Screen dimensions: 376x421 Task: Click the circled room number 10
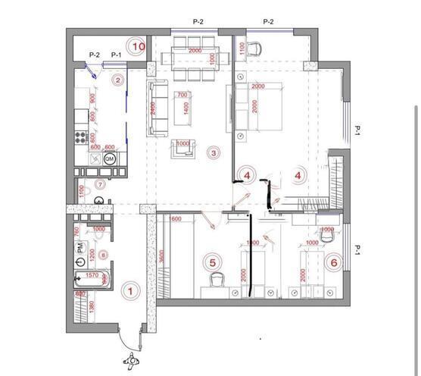(x=137, y=46)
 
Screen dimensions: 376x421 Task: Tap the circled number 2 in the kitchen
(x=118, y=79)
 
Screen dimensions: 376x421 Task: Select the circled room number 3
(x=214, y=152)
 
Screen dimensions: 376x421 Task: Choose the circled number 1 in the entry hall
(x=130, y=290)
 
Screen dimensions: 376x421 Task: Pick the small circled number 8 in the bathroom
(x=104, y=255)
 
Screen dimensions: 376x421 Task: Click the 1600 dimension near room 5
(x=176, y=220)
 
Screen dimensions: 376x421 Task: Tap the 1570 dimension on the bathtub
(x=93, y=276)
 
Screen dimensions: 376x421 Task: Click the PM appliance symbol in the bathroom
(x=81, y=248)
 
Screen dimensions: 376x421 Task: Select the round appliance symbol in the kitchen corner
(x=109, y=159)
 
